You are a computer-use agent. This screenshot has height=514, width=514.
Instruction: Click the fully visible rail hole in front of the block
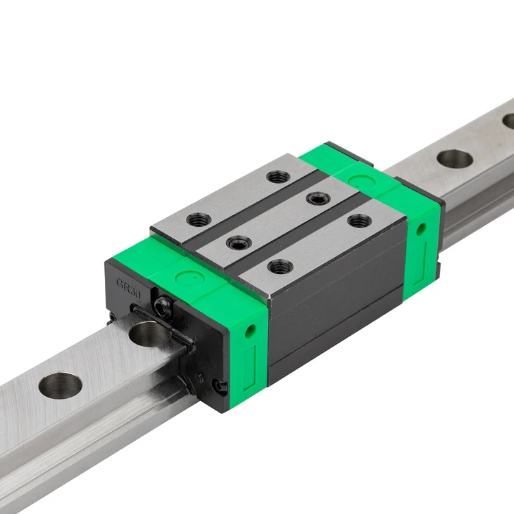[60, 385]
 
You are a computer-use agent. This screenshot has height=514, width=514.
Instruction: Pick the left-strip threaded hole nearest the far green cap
[276, 177]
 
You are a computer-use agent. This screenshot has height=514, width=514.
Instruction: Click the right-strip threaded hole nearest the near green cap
[278, 266]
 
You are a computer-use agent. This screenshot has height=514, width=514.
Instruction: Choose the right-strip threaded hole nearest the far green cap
[358, 221]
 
